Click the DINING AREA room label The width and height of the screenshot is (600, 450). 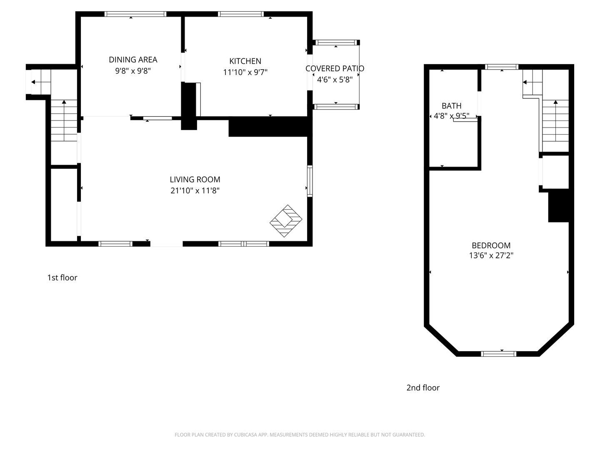[x=133, y=60]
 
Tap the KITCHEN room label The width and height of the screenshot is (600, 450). [x=245, y=61]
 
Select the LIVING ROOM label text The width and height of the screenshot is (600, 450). [x=195, y=180]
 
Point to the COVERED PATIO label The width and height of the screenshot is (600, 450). [x=335, y=68]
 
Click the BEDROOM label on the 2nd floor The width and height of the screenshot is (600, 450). [x=491, y=245]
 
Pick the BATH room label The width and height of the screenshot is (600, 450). [x=452, y=106]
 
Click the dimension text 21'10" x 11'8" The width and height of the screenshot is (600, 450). [x=195, y=190]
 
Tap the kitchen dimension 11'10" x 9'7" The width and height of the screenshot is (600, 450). [x=245, y=72]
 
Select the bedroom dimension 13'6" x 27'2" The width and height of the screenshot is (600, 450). [x=491, y=255]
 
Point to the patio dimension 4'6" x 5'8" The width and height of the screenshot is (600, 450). [x=335, y=80]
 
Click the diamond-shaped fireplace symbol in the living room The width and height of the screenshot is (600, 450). [x=286, y=221]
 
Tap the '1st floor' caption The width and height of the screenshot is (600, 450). [x=62, y=277]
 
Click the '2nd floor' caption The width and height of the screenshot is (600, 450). [x=423, y=387]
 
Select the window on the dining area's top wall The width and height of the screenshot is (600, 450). [x=135, y=14]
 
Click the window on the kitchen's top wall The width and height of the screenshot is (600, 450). [x=241, y=14]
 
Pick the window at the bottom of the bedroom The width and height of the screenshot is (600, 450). [x=499, y=354]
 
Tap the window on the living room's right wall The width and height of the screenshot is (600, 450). [x=310, y=181]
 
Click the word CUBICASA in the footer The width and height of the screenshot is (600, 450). [x=245, y=435]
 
